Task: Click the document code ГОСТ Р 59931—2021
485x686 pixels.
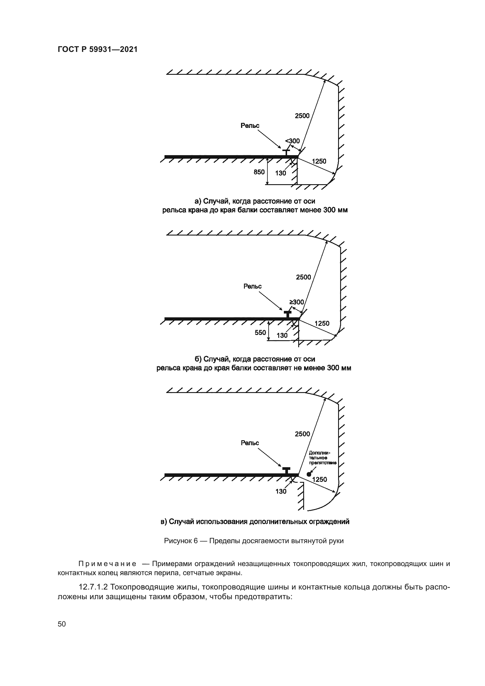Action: tap(97, 50)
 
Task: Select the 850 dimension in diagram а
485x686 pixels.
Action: tap(259, 172)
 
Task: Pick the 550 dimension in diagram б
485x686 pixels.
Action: tap(260, 333)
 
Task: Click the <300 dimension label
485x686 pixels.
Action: tap(292, 141)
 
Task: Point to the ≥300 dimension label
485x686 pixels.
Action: tap(296, 302)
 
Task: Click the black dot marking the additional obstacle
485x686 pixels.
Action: tap(309, 474)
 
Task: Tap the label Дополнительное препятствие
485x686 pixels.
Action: tap(322, 458)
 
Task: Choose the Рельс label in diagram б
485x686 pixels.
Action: tap(252, 287)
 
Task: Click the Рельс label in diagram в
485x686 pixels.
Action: tap(250, 443)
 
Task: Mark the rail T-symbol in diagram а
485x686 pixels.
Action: tap(286, 152)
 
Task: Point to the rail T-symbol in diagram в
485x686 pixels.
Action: tap(286, 470)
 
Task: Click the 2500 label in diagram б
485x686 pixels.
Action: tap(303, 277)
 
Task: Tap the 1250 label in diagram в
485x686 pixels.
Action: tap(319, 480)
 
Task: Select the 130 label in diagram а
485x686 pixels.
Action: tap(280, 173)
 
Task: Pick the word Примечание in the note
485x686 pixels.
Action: tap(108, 564)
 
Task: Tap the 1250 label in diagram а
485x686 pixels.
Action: tap(319, 161)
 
